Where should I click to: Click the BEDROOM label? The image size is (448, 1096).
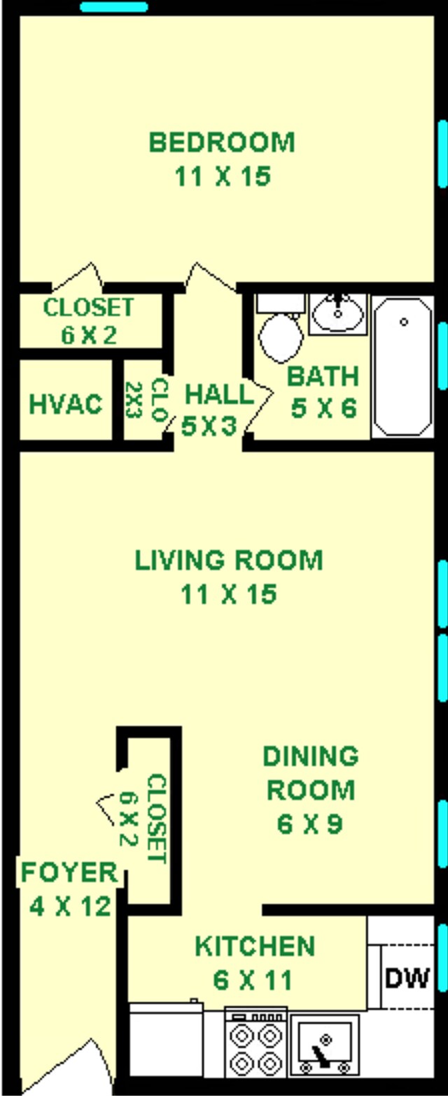pyautogui.click(x=222, y=142)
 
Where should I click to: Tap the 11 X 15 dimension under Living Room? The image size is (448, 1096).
pyautogui.click(x=229, y=595)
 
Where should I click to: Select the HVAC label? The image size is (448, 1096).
pyautogui.click(x=66, y=404)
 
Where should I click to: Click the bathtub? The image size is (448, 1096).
pyautogui.click(x=402, y=366)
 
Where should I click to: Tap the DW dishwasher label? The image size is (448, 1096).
pyautogui.click(x=407, y=977)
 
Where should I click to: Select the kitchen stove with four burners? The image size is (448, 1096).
pyautogui.click(x=255, y=1044)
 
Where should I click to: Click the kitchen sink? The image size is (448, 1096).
pyautogui.click(x=325, y=1044)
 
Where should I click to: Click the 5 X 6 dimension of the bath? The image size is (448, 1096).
pyautogui.click(x=323, y=408)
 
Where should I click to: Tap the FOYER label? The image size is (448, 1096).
pyautogui.click(x=69, y=873)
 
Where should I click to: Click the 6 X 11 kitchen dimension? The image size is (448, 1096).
pyautogui.click(x=253, y=980)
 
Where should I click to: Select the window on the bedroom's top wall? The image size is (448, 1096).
pyautogui.click(x=114, y=7)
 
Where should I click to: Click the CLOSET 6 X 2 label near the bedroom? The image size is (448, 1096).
pyautogui.click(x=88, y=320)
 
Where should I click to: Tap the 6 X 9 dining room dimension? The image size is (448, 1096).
pyautogui.click(x=309, y=824)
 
